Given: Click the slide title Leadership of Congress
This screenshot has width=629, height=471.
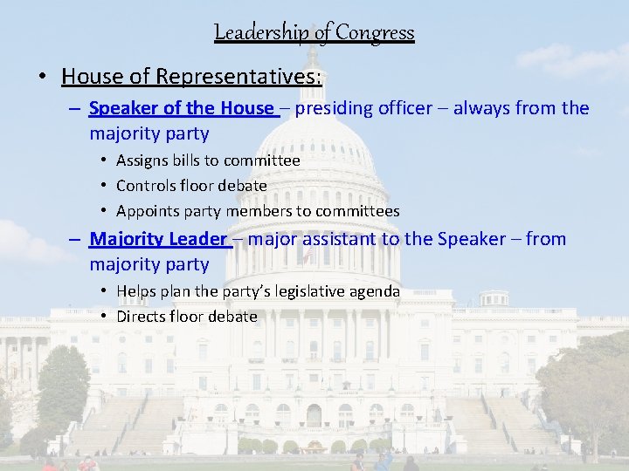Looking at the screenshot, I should click(314, 33).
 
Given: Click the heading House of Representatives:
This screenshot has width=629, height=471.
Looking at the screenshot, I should click(191, 77).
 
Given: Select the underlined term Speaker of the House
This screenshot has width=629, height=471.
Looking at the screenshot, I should click(181, 108).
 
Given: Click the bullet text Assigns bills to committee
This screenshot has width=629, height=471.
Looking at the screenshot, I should click(208, 160).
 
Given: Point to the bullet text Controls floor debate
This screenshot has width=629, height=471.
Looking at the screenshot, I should click(191, 186).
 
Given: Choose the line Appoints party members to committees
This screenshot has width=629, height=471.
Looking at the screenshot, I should click(258, 211).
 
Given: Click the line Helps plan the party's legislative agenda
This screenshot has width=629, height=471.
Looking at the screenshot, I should click(258, 291).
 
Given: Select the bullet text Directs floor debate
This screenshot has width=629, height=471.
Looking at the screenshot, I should click(186, 317).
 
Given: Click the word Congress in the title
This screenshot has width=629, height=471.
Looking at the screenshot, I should click(375, 33).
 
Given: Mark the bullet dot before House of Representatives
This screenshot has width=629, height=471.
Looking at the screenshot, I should click(42, 78).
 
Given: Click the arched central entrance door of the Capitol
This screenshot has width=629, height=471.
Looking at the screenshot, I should click(314, 415).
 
